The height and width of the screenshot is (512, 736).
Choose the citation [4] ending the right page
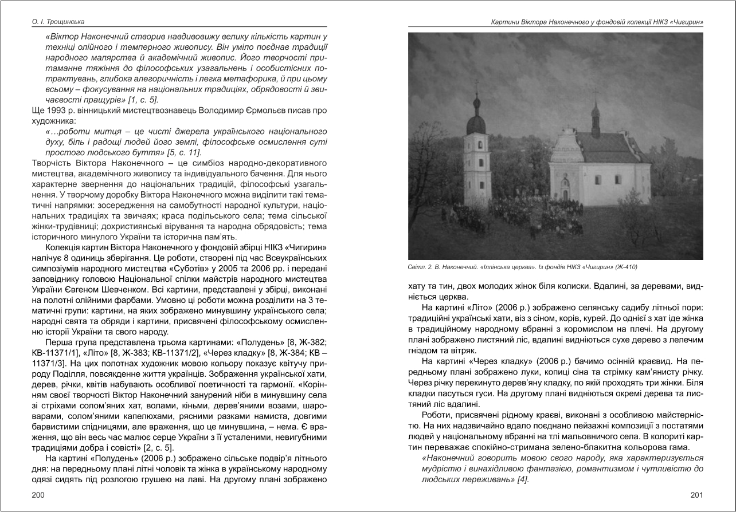(522, 479)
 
